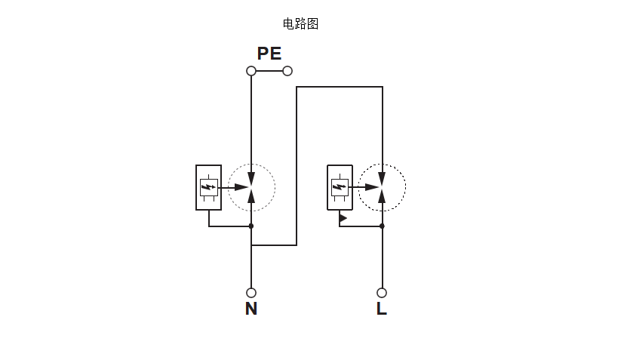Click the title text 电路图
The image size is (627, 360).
(x=300, y=24)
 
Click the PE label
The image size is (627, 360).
(x=269, y=54)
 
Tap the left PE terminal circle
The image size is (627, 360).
(x=251, y=71)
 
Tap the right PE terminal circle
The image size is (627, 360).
(x=287, y=71)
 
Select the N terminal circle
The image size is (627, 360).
(x=251, y=293)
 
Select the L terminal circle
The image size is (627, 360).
(x=382, y=293)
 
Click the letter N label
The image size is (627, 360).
(x=251, y=309)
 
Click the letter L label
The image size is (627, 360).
(x=382, y=309)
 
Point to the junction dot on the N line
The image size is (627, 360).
(x=251, y=226)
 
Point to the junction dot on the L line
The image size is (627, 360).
(x=382, y=226)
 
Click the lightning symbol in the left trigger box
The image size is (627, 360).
(x=208, y=186)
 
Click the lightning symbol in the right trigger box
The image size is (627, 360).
(x=340, y=186)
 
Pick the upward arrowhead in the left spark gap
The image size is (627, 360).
(x=251, y=197)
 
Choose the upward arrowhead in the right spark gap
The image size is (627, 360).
(x=382, y=197)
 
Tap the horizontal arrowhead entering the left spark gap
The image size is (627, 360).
(x=241, y=186)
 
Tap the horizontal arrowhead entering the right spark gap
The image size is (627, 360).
(x=373, y=186)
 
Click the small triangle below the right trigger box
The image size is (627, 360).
(x=343, y=218)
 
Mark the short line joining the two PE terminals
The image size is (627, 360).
(x=269, y=71)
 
